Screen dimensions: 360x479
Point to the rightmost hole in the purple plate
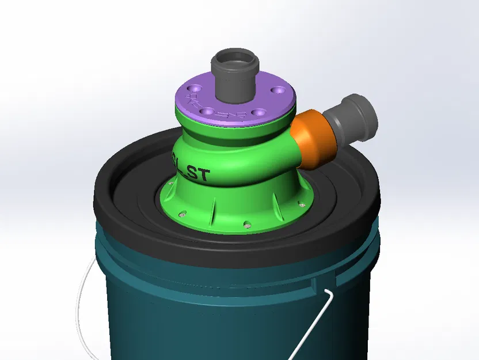281,91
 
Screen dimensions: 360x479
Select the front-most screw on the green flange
247,222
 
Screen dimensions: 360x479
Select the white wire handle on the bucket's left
82,300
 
